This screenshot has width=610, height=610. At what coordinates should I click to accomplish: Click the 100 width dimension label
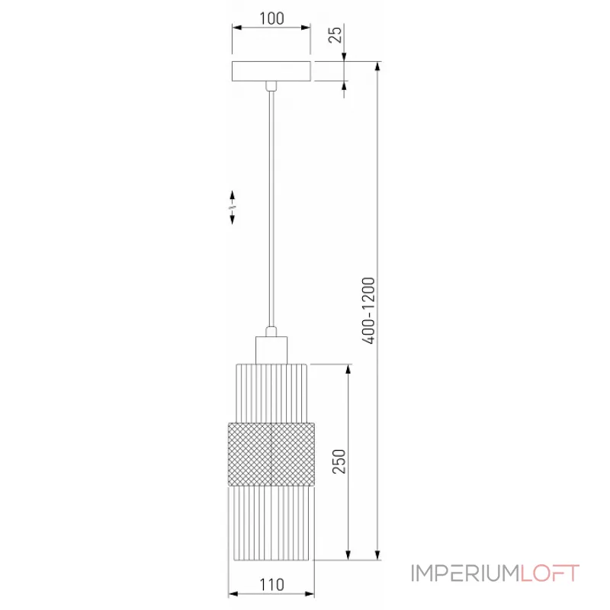coord(271,18)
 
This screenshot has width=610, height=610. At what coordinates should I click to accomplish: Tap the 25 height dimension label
coord(335,34)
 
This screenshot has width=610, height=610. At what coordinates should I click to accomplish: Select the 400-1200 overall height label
coord(368,310)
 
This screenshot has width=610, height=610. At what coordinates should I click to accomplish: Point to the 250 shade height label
coord(339,461)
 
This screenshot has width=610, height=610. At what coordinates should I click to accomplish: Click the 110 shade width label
coord(271,585)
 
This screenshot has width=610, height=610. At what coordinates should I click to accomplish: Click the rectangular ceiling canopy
coord(271,71)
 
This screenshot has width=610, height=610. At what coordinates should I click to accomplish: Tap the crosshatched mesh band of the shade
coord(271,454)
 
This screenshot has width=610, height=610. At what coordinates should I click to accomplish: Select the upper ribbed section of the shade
coord(271,393)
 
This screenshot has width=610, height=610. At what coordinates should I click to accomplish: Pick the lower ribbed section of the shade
coord(271,523)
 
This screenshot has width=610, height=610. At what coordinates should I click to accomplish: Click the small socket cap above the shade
coord(271,350)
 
